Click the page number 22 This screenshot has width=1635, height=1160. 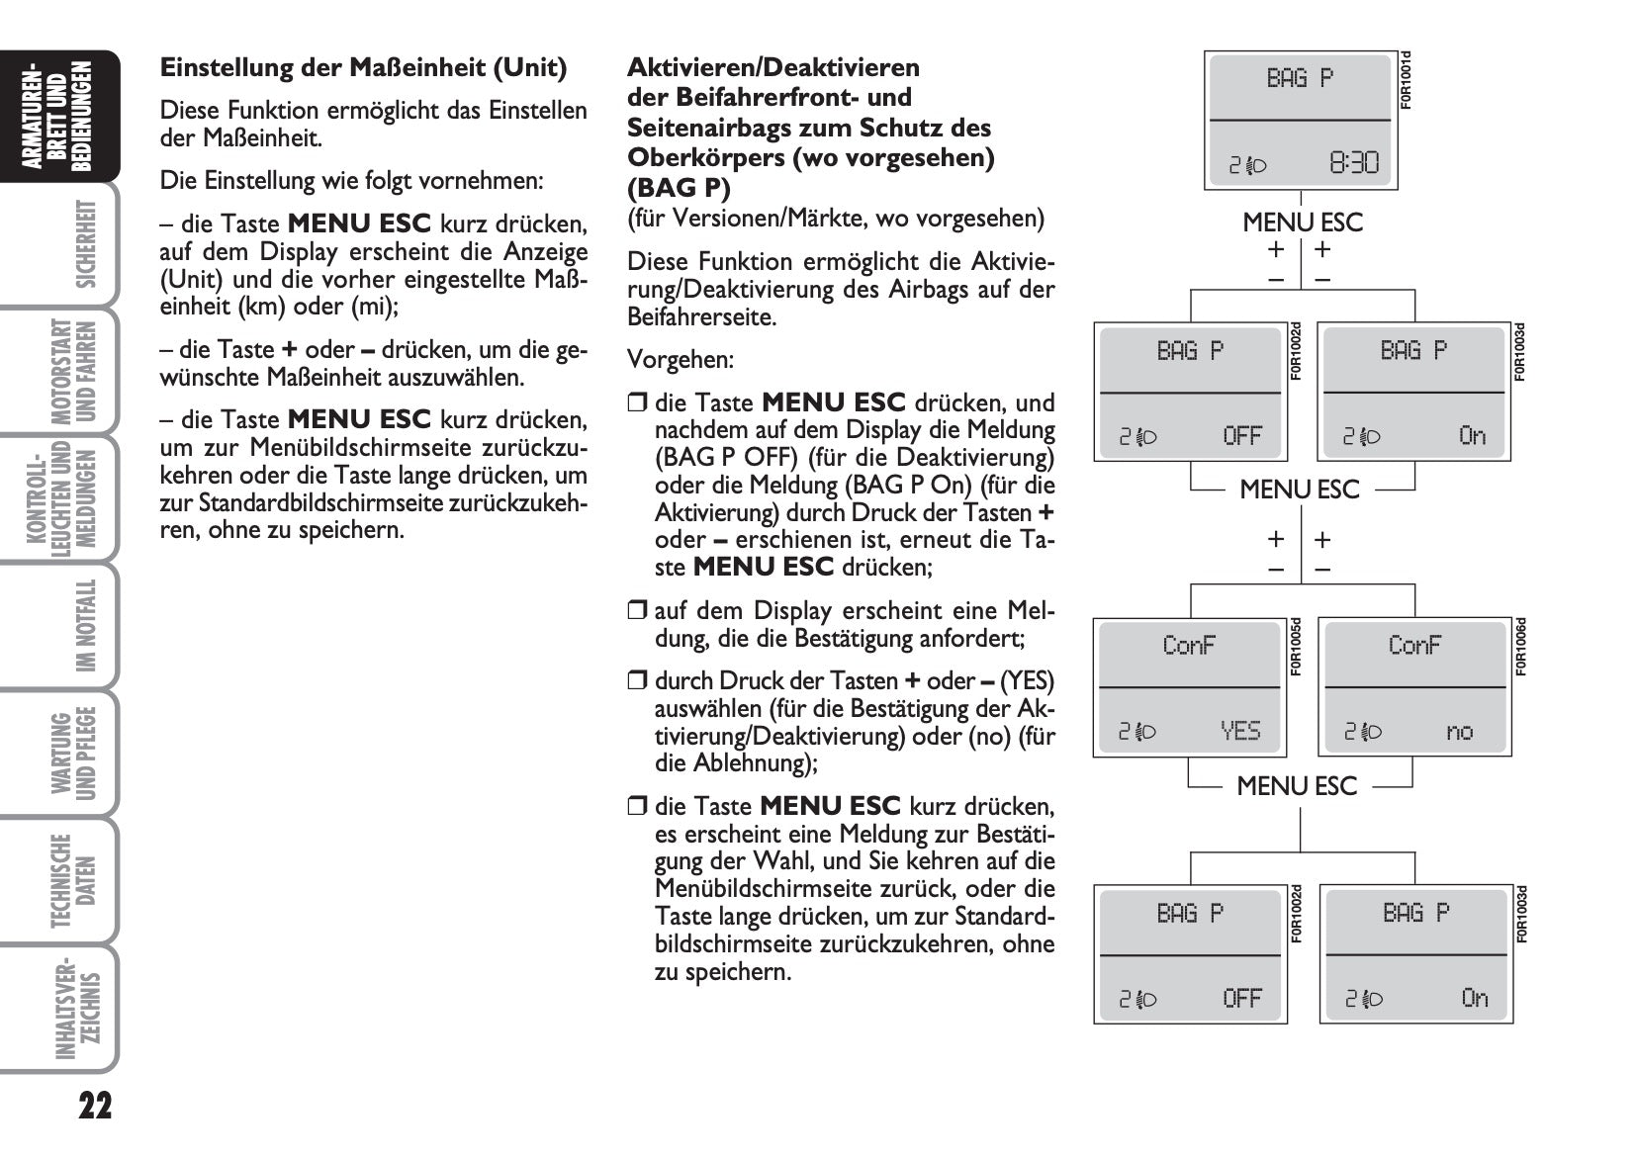[95, 1105]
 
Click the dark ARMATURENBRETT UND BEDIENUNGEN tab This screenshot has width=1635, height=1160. [62, 116]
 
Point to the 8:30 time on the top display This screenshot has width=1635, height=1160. [1353, 162]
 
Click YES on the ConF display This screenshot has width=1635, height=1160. [1240, 731]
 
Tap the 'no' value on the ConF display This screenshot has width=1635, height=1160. [1460, 732]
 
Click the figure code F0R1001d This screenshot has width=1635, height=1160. [1407, 80]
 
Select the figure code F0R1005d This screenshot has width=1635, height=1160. [1296, 647]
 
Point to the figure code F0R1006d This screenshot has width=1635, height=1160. [1521, 647]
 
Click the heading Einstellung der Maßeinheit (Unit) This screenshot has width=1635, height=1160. [363, 68]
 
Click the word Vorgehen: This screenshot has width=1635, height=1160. [681, 360]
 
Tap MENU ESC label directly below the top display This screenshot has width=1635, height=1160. [1303, 223]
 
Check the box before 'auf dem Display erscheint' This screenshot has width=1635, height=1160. [636, 611]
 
